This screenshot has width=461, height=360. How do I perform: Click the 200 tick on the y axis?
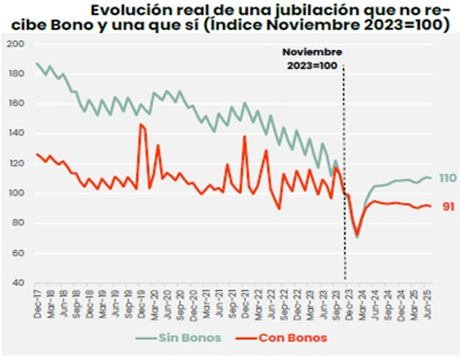tap(15, 44)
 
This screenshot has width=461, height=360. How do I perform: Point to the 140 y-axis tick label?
tap(15, 134)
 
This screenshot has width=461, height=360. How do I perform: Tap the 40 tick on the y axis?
tap(17, 283)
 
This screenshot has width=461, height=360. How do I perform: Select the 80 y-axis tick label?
tap(17, 223)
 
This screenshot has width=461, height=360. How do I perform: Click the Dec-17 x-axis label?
tap(37, 301)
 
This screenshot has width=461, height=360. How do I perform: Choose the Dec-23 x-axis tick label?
tap(347, 301)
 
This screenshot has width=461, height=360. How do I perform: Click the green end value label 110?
tap(447, 178)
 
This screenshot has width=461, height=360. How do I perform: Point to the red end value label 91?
tap(448, 207)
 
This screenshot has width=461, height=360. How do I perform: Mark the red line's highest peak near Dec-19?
tap(140, 125)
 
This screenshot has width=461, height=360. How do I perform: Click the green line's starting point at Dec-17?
tap(37, 63)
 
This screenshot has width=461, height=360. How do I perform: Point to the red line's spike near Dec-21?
tap(244, 136)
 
